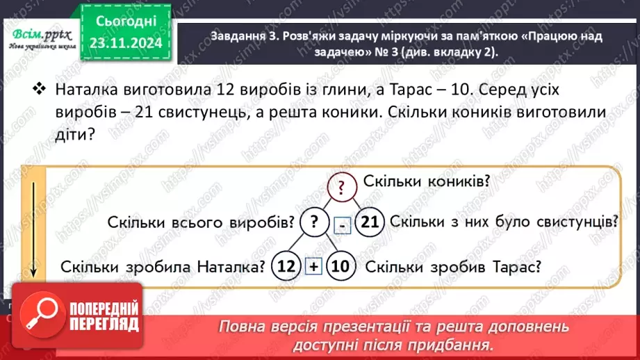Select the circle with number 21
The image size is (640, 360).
(370, 222)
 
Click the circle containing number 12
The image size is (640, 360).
(286, 266)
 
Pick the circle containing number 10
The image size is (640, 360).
(340, 266)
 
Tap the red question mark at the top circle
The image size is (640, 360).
(341, 186)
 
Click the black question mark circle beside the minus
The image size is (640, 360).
(314, 222)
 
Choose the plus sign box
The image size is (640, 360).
(313, 267)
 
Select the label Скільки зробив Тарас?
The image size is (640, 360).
(453, 266)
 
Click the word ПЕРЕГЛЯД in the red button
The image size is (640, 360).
(101, 321)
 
